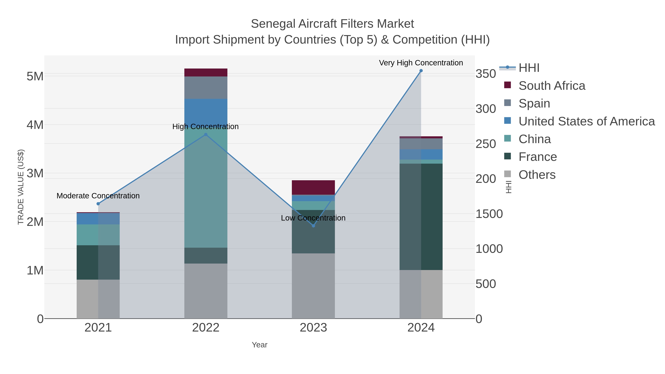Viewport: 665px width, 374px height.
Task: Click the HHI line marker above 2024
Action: (x=421, y=71)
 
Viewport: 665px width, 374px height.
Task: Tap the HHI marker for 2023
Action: (x=313, y=226)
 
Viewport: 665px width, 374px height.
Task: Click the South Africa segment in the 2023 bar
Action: (x=313, y=187)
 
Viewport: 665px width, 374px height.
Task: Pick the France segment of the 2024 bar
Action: (x=421, y=217)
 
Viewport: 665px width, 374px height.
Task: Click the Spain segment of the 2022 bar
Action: (x=206, y=88)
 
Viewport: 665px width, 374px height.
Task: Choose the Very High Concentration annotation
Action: (x=421, y=63)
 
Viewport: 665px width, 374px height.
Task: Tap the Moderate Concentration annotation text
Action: (x=98, y=196)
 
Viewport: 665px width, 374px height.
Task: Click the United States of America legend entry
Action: (x=586, y=121)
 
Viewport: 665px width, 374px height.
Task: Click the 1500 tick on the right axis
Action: (x=489, y=214)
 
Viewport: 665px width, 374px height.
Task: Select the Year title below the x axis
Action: (x=260, y=345)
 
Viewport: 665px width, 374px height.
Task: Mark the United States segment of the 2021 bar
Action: (x=98, y=219)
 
